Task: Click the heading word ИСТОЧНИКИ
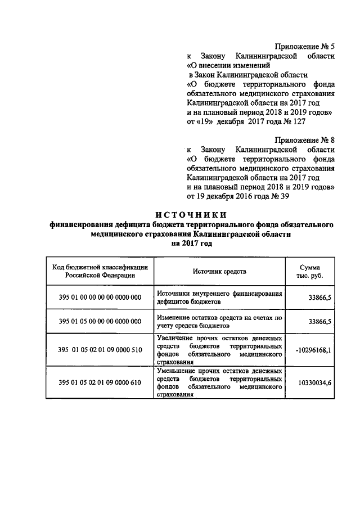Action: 191,214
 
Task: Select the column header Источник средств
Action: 219,272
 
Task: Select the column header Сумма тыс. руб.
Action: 310,272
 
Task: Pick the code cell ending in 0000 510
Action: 100,349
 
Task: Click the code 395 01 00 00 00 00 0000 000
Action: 100,298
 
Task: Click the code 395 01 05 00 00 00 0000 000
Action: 100,321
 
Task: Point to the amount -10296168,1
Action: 313,349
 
